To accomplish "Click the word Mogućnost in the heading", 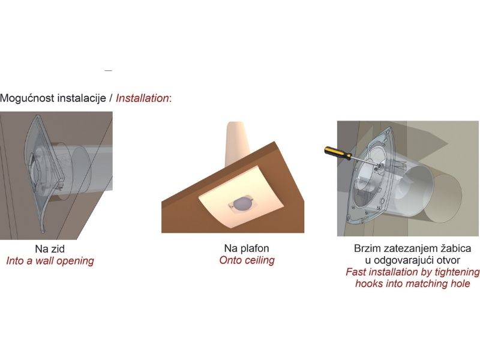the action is (28, 98).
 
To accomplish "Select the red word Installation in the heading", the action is (142, 98).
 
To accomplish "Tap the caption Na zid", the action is (50, 248).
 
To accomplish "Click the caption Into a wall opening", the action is (50, 261).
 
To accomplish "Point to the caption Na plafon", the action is (247, 248).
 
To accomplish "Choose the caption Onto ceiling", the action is (247, 260).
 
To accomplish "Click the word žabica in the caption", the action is (455, 248).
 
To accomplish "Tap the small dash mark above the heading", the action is (109, 71).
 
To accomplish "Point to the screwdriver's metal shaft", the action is (365, 161).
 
